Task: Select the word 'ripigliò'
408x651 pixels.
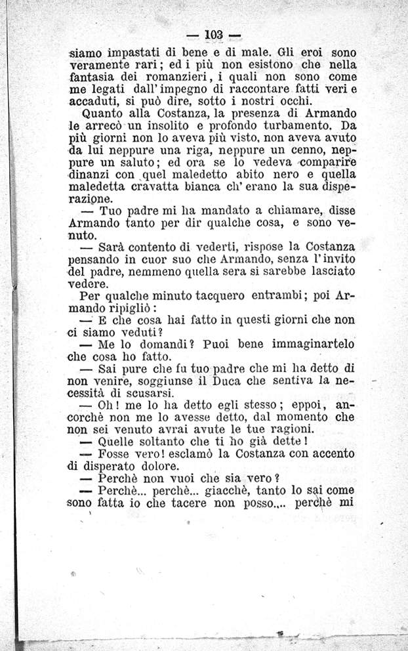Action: [127, 308]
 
